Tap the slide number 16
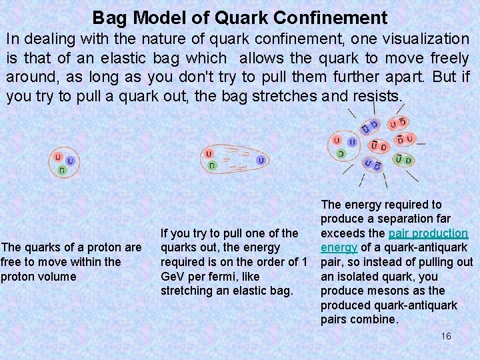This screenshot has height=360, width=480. [x=446, y=336]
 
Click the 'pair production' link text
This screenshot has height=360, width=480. [x=428, y=233]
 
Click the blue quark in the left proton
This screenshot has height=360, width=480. [x=70, y=161]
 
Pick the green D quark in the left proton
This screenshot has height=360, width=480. [x=62, y=171]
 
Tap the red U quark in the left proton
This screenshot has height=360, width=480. [x=59, y=158]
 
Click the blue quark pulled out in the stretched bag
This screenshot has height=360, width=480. [x=261, y=160]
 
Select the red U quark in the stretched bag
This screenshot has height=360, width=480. [x=209, y=153]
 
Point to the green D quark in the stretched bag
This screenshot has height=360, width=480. [x=211, y=165]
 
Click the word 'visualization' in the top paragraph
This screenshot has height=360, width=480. [x=426, y=39]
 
